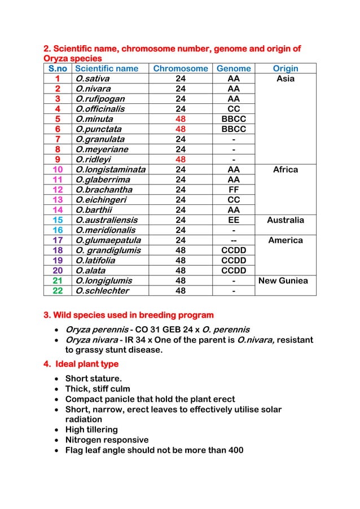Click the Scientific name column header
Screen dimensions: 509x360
[107, 69]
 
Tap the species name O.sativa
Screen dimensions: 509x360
[93, 79]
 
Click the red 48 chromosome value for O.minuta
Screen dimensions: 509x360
[181, 119]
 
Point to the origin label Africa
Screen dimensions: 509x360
[286, 169]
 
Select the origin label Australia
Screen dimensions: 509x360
[286, 220]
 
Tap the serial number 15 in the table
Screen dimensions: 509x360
[58, 220]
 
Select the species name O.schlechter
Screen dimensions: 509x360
[102, 291]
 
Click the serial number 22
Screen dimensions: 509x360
[58, 291]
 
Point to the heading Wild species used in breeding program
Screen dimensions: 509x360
[129, 314]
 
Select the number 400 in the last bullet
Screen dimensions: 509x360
[235, 450]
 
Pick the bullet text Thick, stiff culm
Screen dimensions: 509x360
[98, 389]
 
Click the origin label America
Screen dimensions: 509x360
[286, 240]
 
